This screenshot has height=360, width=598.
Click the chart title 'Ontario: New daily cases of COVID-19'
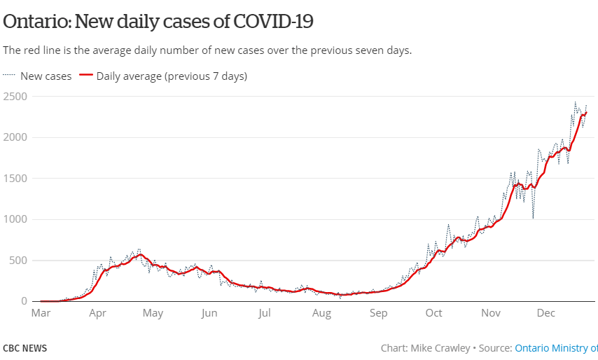pos(158,22)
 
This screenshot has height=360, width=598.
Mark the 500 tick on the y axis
pos(18,261)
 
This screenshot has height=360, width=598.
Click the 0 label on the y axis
pos(24,301)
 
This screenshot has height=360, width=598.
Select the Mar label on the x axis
pos(41,313)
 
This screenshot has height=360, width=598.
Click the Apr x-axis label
pos(97,313)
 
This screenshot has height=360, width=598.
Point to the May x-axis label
pos(153,313)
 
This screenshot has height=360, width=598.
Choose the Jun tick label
pos(209,313)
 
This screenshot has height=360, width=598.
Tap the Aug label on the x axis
pos(321,313)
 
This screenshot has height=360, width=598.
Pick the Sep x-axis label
pos(378,313)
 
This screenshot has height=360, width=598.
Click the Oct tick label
pos(433,313)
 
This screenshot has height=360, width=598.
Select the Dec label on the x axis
pos(545,313)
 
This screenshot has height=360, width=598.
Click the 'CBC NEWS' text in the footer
pos(25,348)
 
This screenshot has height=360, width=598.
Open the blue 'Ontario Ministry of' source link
pos(556,348)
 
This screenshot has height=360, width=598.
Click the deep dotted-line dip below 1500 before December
pos(533,217)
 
